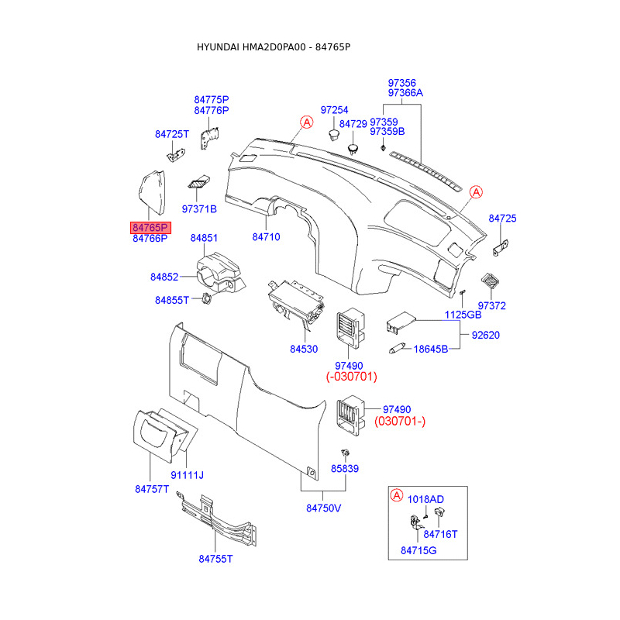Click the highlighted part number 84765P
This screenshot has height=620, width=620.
150,228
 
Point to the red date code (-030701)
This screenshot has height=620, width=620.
350,377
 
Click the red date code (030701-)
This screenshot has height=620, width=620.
400,422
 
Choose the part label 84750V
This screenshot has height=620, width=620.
323,508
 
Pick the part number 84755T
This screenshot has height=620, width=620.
216,559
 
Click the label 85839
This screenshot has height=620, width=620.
345,469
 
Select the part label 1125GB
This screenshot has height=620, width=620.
463,315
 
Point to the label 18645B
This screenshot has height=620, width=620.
431,350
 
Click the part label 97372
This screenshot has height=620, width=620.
491,305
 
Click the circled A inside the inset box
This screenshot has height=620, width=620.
396,495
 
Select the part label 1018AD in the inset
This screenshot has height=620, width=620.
425,499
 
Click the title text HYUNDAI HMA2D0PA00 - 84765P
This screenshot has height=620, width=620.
274,47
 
